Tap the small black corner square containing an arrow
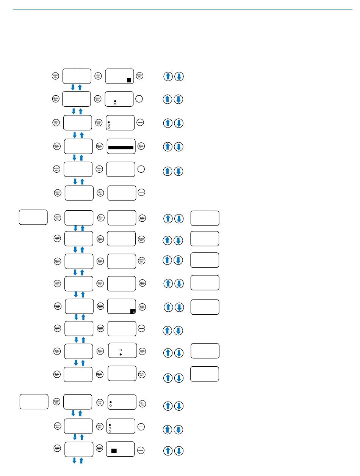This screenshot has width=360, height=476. (133, 311)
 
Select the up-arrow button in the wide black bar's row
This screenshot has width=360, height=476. (167, 147)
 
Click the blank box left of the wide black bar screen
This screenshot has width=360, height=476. (78, 146)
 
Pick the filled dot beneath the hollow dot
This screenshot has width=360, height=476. (120, 354)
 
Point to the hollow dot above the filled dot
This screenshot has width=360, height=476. (120, 348)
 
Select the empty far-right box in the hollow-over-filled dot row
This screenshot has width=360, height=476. (205, 351)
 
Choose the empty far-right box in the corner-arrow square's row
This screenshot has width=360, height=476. (205, 307)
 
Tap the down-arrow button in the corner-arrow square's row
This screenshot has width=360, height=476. (179, 307)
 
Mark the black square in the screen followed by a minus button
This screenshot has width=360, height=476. (114, 451)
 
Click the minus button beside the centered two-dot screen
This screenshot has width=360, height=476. (139, 99)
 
